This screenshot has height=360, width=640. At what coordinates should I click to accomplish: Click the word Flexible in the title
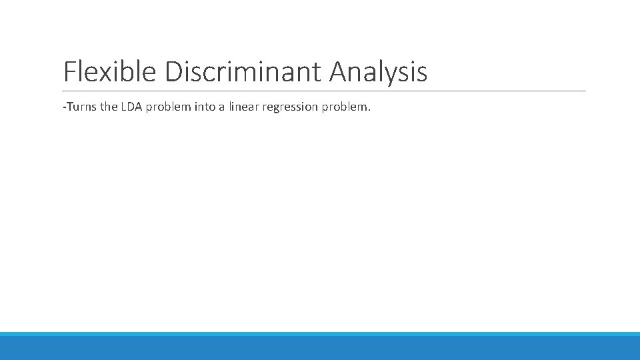(111, 72)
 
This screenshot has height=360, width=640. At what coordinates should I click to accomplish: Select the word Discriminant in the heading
(243, 72)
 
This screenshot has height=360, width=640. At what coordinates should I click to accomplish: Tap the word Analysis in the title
(378, 72)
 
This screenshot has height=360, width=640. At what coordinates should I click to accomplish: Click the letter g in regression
(275, 108)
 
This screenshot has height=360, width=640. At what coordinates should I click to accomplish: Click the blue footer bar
(320, 347)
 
